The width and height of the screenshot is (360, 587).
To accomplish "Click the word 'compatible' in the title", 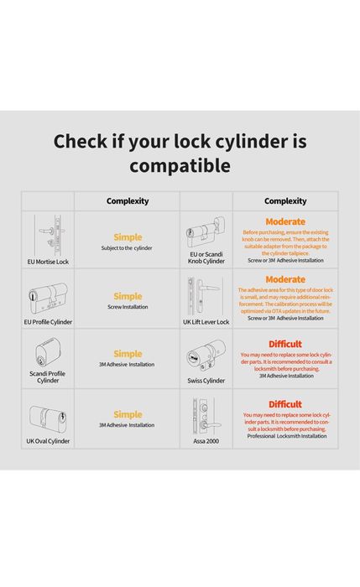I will coord(180,166).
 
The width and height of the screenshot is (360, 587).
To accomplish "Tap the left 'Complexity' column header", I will coord(128,201).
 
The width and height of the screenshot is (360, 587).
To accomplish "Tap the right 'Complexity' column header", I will coord(285,201).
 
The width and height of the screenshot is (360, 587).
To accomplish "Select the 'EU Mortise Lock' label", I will coord(47,262).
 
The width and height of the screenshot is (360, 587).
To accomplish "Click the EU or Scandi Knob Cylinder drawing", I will coord(206,232).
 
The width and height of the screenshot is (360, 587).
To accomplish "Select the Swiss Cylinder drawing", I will coord(206,356).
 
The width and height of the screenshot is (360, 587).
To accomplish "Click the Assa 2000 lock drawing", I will coord(201,414).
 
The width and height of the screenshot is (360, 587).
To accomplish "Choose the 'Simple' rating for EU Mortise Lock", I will coord(128,237).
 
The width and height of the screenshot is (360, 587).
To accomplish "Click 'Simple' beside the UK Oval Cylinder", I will coord(128,414).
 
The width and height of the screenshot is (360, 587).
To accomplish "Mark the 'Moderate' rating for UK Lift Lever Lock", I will coord(285,279).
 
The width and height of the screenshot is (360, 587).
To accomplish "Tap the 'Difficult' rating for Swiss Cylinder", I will coord(285,344).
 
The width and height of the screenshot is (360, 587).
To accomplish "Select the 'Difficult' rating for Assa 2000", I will coord(285,404).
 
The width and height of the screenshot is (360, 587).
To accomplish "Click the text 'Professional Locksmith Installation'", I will coord(285,437).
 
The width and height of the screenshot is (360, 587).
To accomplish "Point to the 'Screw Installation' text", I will coord(128,307).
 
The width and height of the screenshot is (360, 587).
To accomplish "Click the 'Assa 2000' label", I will coord(206,440).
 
